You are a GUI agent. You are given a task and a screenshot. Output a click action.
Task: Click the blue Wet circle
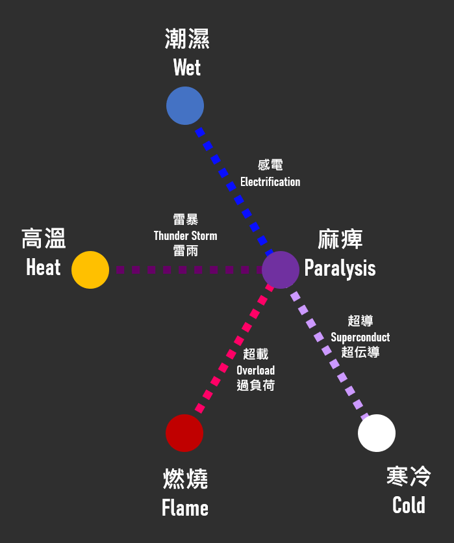pyautogui.click(x=185, y=105)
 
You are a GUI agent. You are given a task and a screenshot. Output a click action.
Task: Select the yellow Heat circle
pyautogui.click(x=90, y=269)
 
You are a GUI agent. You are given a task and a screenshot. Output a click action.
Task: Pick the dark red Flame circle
pyautogui.click(x=184, y=433)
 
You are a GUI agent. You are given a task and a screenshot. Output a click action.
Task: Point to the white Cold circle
pyautogui.click(x=377, y=433)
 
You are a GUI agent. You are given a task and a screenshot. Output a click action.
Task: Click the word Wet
pyautogui.click(x=187, y=68)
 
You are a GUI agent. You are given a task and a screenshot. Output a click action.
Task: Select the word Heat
pyautogui.click(x=44, y=267)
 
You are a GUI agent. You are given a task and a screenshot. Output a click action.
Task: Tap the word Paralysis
pyautogui.click(x=340, y=268)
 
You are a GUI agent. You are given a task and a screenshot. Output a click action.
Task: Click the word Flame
pyautogui.click(x=185, y=508)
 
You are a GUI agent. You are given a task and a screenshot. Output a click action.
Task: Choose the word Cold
pyautogui.click(x=409, y=505)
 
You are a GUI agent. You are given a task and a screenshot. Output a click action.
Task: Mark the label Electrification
pyautogui.click(x=270, y=182)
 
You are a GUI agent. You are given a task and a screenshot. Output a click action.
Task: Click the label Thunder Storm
pyautogui.click(x=186, y=235)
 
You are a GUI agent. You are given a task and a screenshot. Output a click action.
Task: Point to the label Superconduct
pyautogui.click(x=360, y=337)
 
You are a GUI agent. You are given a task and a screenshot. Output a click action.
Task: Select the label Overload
pyautogui.click(x=255, y=370)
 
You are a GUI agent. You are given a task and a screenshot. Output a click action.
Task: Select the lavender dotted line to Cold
pyautogui.click(x=328, y=351)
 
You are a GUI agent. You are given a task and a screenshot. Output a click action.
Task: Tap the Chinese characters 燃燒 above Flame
pyautogui.click(x=185, y=479)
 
